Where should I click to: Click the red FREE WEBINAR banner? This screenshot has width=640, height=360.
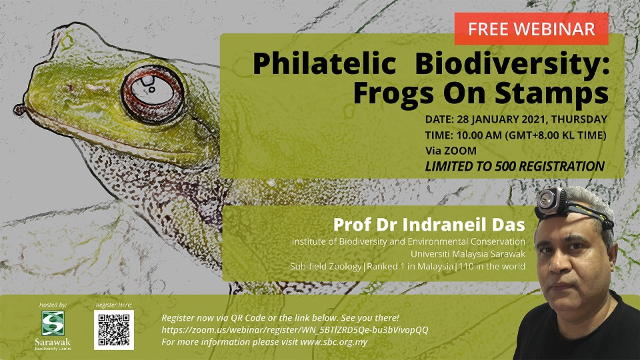[x=531, y=29]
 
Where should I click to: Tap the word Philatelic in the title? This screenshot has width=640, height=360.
[x=325, y=64]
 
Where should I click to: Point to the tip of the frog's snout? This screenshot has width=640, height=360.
[x=18, y=109]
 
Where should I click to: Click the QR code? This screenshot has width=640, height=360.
[x=114, y=330]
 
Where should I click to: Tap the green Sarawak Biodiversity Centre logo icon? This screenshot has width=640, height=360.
[x=53, y=323]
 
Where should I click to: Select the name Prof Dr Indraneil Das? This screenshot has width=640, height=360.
[x=429, y=225]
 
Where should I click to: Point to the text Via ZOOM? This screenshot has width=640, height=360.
[x=451, y=151]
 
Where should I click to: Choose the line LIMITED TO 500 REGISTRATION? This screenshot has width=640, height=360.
[x=515, y=167]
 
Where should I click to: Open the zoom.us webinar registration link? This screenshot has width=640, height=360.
[x=295, y=330]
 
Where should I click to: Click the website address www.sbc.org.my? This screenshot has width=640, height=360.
[x=334, y=342]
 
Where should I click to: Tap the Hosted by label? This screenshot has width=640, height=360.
[x=53, y=305]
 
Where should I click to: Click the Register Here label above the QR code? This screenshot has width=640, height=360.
[x=114, y=305]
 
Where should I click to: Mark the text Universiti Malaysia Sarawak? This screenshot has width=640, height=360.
[x=468, y=254]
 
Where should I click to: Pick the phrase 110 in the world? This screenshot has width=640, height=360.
[x=492, y=267]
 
